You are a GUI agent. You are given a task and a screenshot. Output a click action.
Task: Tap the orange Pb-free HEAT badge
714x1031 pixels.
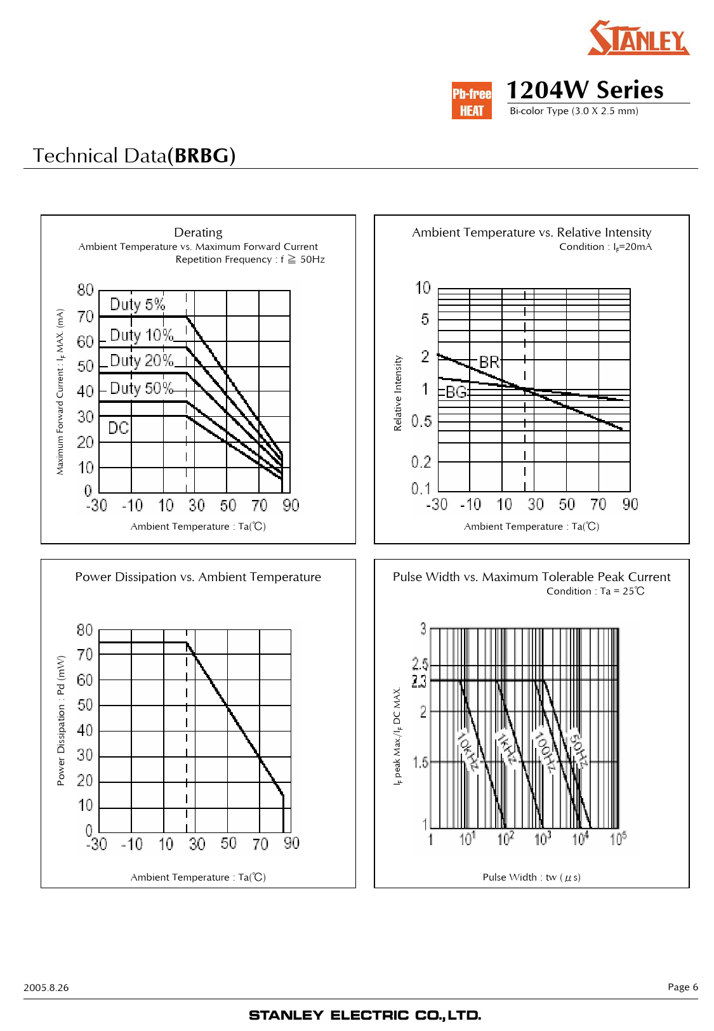(472, 101)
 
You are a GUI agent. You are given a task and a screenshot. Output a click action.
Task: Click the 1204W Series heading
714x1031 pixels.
(585, 90)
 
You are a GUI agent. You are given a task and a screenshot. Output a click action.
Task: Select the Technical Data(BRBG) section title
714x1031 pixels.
(134, 155)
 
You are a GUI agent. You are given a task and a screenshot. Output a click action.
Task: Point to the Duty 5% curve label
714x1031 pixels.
(137, 305)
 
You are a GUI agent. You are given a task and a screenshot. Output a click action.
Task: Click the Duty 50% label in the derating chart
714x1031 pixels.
(141, 388)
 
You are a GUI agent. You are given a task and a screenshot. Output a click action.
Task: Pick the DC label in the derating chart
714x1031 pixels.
(118, 428)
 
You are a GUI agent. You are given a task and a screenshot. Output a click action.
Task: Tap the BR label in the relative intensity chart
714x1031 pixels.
(489, 362)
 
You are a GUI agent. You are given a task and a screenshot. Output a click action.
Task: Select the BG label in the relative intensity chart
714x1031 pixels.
(456, 392)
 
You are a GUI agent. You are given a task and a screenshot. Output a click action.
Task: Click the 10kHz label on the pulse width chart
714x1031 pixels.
(468, 751)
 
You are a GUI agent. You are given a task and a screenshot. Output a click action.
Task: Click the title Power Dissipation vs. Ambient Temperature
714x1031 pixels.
(198, 577)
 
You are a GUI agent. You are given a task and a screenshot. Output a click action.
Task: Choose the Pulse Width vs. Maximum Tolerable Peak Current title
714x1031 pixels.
(531, 577)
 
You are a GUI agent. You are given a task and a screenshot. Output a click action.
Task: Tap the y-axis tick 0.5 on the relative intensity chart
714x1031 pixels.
(421, 421)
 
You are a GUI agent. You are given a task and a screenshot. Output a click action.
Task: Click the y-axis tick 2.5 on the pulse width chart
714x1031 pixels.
(420, 664)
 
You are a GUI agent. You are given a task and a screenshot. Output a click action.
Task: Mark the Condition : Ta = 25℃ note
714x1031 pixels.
(595, 591)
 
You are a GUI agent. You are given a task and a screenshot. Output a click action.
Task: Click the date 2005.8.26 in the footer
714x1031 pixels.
(46, 987)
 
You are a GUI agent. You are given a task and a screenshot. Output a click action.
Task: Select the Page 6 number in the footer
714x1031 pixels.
(682, 987)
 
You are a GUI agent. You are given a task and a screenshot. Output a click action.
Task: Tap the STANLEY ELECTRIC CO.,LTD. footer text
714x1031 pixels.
(365, 1015)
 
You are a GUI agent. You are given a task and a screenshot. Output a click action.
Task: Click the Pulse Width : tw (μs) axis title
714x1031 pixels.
(531, 877)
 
